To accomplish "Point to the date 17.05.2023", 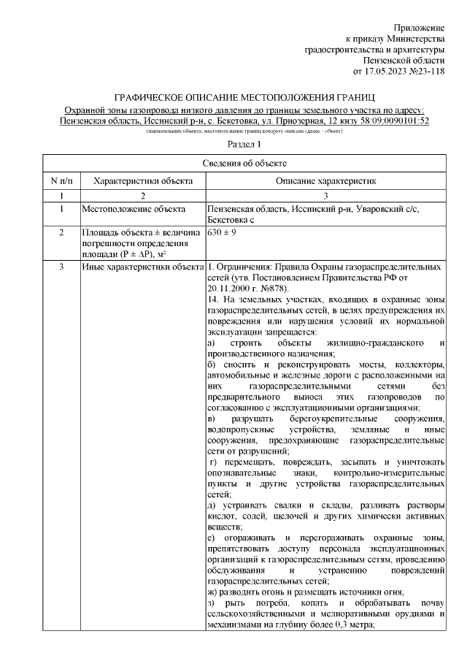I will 387,72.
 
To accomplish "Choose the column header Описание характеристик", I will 325,180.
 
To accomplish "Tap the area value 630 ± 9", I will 222,232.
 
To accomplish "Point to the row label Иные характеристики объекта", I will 142,267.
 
